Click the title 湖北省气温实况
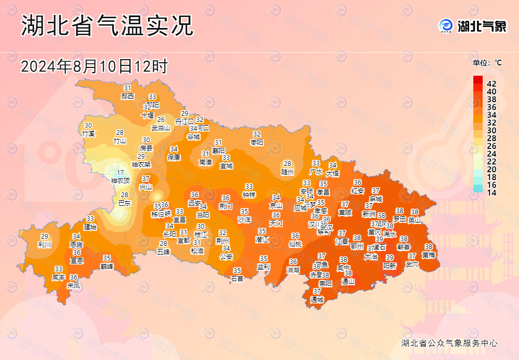(107, 26)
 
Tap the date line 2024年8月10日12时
(94, 66)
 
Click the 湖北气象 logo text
(481, 26)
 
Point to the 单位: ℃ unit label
(487, 63)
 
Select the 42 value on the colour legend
(491, 84)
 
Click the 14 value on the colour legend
(491, 192)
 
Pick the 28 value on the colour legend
(491, 138)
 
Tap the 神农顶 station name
(120, 181)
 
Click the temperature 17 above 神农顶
(120, 173)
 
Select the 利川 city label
(45, 244)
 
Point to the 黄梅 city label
(429, 255)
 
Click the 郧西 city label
(128, 96)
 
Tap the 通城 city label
(317, 299)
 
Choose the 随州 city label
(288, 171)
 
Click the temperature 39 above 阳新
(390, 258)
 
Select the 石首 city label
(237, 278)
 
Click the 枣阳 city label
(257, 142)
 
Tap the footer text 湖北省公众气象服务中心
(449, 343)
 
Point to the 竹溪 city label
(88, 133)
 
